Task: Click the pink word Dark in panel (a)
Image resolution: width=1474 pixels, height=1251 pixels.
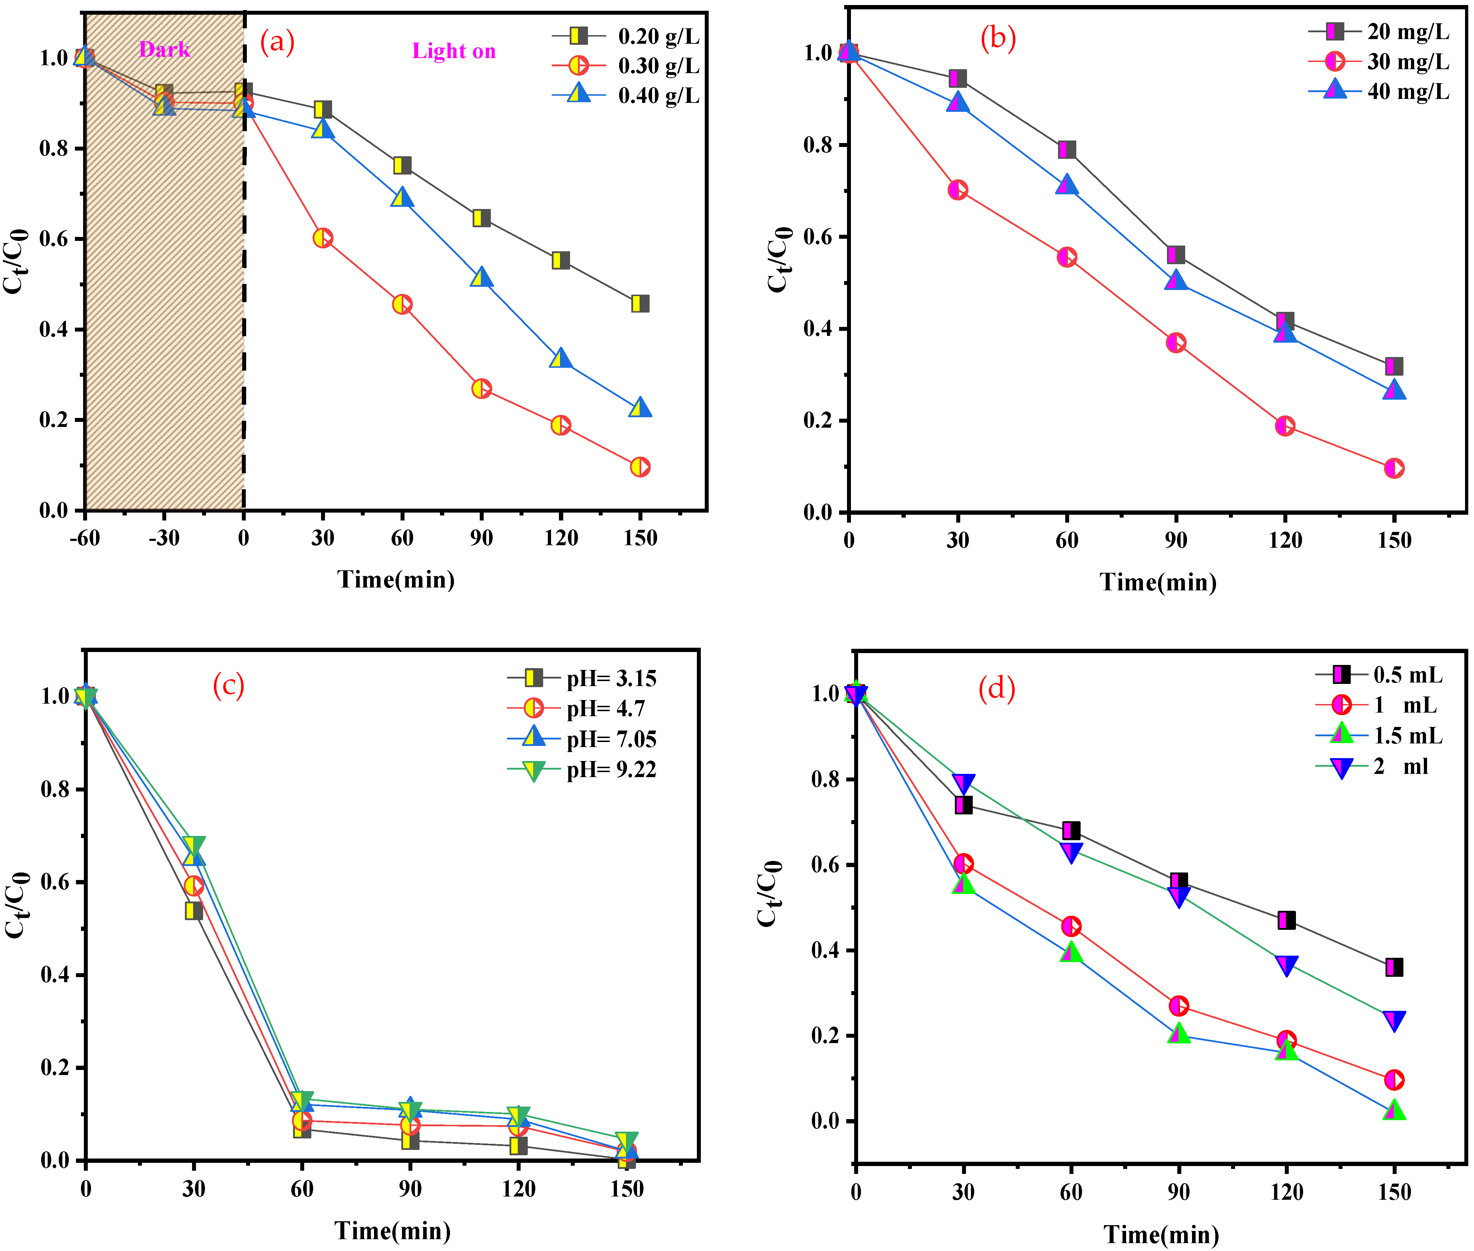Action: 164,49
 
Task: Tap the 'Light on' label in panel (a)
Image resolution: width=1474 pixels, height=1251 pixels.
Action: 454,51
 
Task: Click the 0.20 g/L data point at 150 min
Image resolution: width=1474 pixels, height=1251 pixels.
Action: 640,304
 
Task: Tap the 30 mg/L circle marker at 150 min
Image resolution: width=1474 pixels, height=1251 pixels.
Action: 1393,468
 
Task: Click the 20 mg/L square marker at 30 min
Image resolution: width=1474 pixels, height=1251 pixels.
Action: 957,78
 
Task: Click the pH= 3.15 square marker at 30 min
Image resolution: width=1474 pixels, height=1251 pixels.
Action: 193,910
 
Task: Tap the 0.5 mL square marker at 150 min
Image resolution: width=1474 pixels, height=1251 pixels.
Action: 1393,967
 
